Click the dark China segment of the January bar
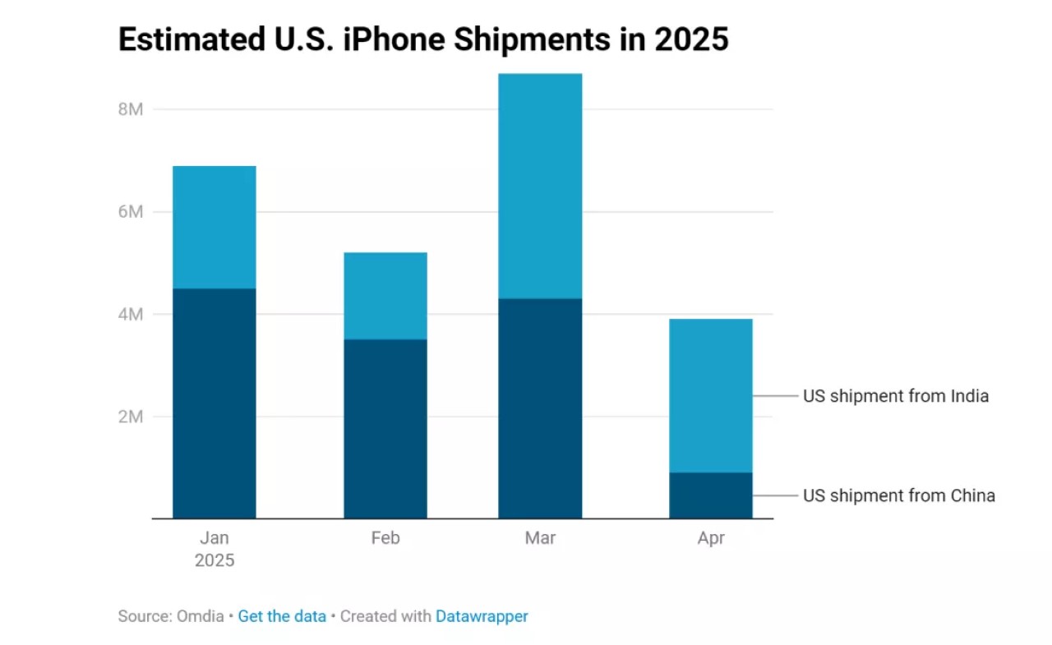[x=214, y=403]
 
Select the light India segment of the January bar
[x=214, y=227]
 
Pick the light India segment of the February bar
[x=385, y=296]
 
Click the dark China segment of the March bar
[x=540, y=408]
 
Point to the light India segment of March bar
[x=540, y=186]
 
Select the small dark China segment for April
[x=711, y=495]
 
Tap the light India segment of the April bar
[x=711, y=395]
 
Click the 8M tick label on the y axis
[x=131, y=109]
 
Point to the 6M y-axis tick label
[x=131, y=212]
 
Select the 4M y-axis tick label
[x=131, y=314]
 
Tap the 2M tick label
[x=131, y=417]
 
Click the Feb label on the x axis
[x=385, y=538]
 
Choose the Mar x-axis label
[x=540, y=538]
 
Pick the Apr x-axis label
[x=711, y=538]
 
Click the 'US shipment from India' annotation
[x=895, y=396]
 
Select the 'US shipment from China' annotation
[x=898, y=495]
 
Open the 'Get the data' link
[x=282, y=616]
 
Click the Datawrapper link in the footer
[x=482, y=616]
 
